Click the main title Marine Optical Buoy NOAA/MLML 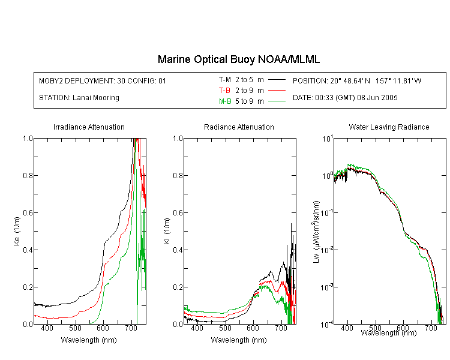(x=238, y=59)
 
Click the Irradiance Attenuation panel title (x=89, y=127)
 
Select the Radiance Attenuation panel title (x=239, y=127)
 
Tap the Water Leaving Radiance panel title (x=389, y=127)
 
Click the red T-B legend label (x=224, y=91)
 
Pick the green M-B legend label (x=225, y=101)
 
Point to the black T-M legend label (x=225, y=80)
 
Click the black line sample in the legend (x=277, y=80)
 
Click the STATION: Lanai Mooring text (x=79, y=98)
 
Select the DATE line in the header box (x=345, y=98)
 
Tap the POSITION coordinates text (x=357, y=80)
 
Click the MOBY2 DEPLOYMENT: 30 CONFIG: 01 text (x=103, y=80)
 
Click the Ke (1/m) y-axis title (x=17, y=232)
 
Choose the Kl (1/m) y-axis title (x=167, y=232)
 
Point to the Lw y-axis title (x=316, y=232)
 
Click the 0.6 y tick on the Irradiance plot (x=28, y=213)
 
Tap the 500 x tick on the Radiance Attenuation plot (x=225, y=328)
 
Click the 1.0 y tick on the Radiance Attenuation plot (x=178, y=139)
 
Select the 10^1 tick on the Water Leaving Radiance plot (x=328, y=139)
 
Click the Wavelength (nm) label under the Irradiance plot (x=89, y=340)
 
